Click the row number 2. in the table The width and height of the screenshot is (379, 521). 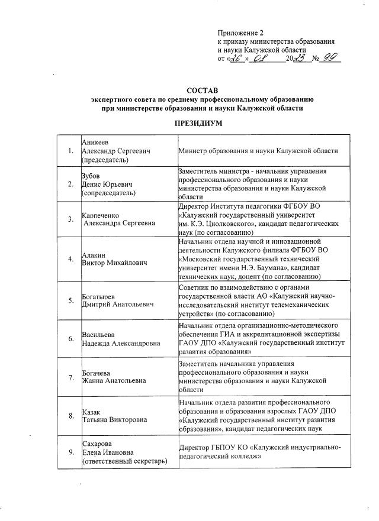(70, 184)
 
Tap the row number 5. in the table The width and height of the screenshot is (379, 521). (70, 299)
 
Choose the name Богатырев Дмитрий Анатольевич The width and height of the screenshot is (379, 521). (117, 299)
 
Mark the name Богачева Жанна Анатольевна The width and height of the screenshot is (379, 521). (113, 377)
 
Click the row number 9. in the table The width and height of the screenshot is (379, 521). (70, 453)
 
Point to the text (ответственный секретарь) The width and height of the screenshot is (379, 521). (124, 461)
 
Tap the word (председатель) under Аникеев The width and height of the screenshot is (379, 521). (107, 160)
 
